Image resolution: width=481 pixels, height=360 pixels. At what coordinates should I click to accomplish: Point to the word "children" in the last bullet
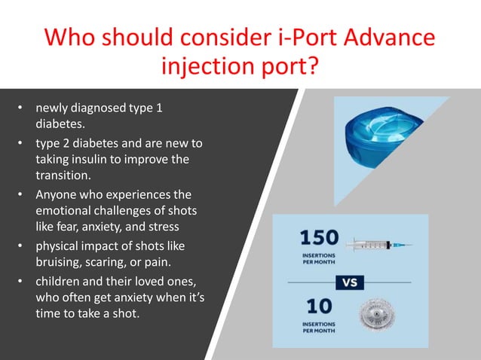pos(60,282)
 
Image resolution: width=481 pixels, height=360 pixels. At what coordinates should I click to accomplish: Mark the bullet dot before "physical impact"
pos(22,246)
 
